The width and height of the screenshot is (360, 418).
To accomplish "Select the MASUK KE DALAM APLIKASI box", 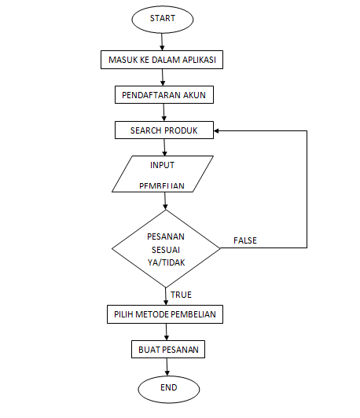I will pyautogui.click(x=163, y=60).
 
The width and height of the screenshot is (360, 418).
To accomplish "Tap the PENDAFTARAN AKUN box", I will pyautogui.click(x=163, y=96).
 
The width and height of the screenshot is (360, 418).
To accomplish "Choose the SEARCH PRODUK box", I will pyautogui.click(x=163, y=130).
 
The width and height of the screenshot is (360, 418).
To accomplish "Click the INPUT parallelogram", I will pyautogui.click(x=163, y=174).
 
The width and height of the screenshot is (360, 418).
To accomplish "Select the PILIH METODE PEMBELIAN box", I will pyautogui.click(x=165, y=314).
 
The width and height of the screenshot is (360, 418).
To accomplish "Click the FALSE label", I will pyautogui.click(x=245, y=240).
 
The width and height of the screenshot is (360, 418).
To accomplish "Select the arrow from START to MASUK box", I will pyautogui.click(x=164, y=42).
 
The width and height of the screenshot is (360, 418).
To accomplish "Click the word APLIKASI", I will pyautogui.click(x=202, y=60).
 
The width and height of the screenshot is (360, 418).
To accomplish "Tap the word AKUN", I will pyautogui.click(x=194, y=96).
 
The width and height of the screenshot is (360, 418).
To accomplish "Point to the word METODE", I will pyautogui.click(x=155, y=314).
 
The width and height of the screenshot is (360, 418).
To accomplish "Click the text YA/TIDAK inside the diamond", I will pyautogui.click(x=166, y=263).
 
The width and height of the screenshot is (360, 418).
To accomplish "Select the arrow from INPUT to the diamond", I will pyautogui.click(x=165, y=200).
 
